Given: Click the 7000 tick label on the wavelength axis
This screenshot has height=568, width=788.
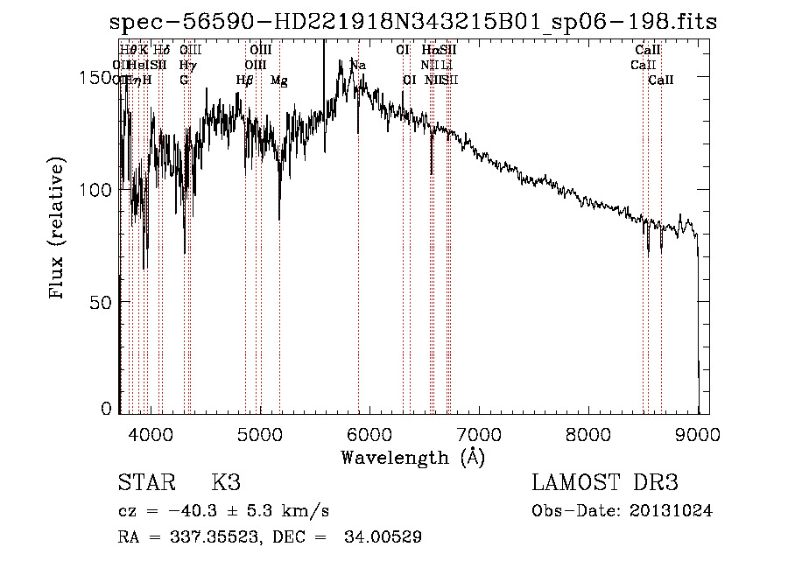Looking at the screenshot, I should (x=479, y=432).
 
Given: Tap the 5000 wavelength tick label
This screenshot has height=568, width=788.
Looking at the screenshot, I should (x=260, y=432).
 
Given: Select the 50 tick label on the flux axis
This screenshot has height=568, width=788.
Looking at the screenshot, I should (x=103, y=302).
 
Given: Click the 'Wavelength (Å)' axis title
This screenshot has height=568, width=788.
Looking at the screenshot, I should (x=413, y=456).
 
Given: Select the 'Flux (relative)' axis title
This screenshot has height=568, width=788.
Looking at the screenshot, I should (x=58, y=229).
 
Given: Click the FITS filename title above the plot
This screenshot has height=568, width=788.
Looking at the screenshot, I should (x=412, y=23).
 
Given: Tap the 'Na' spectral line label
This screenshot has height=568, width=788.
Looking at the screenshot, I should (x=358, y=66).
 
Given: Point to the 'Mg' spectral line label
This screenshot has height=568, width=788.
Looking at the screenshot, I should (x=279, y=81).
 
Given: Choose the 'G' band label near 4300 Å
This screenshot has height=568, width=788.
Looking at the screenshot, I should (x=184, y=81).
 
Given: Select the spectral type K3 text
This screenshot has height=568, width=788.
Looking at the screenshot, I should (x=226, y=483).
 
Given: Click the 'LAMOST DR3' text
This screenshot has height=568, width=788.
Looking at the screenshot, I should (x=605, y=483).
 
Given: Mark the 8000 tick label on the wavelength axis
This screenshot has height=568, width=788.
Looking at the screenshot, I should (x=588, y=432).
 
